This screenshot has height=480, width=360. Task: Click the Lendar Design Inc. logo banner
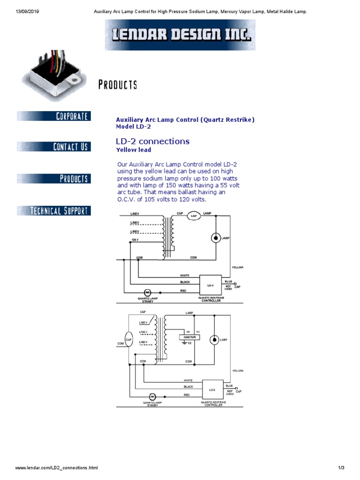click(x=180, y=35)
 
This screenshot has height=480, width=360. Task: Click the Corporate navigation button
click(x=54, y=116)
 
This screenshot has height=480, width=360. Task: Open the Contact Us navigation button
click(x=54, y=147)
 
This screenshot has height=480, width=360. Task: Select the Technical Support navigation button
click(x=54, y=210)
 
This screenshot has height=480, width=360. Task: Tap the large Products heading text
click(x=118, y=85)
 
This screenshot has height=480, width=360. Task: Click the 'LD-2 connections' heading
click(x=152, y=141)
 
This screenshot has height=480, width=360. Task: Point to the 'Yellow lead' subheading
click(x=134, y=150)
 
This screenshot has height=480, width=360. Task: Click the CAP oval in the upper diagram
click(x=194, y=216)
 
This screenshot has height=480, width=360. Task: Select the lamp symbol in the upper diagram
click(x=216, y=238)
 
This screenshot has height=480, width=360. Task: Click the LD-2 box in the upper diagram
click(x=210, y=285)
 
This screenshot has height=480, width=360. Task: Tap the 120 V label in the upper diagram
click(x=135, y=240)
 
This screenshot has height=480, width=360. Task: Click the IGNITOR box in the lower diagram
click(x=189, y=337)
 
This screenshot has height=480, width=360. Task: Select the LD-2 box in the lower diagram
click(x=212, y=390)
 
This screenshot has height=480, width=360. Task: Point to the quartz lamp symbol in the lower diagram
click(x=152, y=396)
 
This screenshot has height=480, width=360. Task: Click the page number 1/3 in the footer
click(x=341, y=468)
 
